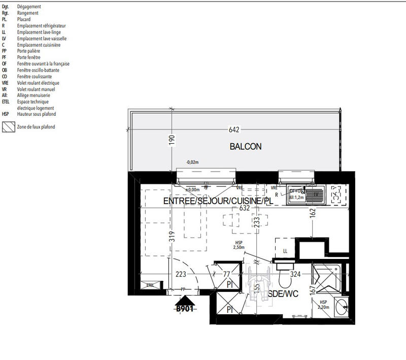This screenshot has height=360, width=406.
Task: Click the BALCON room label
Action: coord(246,147)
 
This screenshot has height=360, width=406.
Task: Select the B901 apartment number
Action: coord(184,308)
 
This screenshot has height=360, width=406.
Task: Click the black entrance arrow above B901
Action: coord(184,300)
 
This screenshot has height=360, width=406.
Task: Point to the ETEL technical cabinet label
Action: coord(150,286)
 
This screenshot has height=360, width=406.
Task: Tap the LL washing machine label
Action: coord(285,251)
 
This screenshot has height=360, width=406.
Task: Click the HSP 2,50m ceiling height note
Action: coord(239,245)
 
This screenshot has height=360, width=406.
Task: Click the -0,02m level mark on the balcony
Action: coord(192,162)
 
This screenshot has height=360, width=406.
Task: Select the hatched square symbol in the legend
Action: coord(7,127)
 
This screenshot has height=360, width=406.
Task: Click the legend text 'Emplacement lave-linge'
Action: coord(39,31)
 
